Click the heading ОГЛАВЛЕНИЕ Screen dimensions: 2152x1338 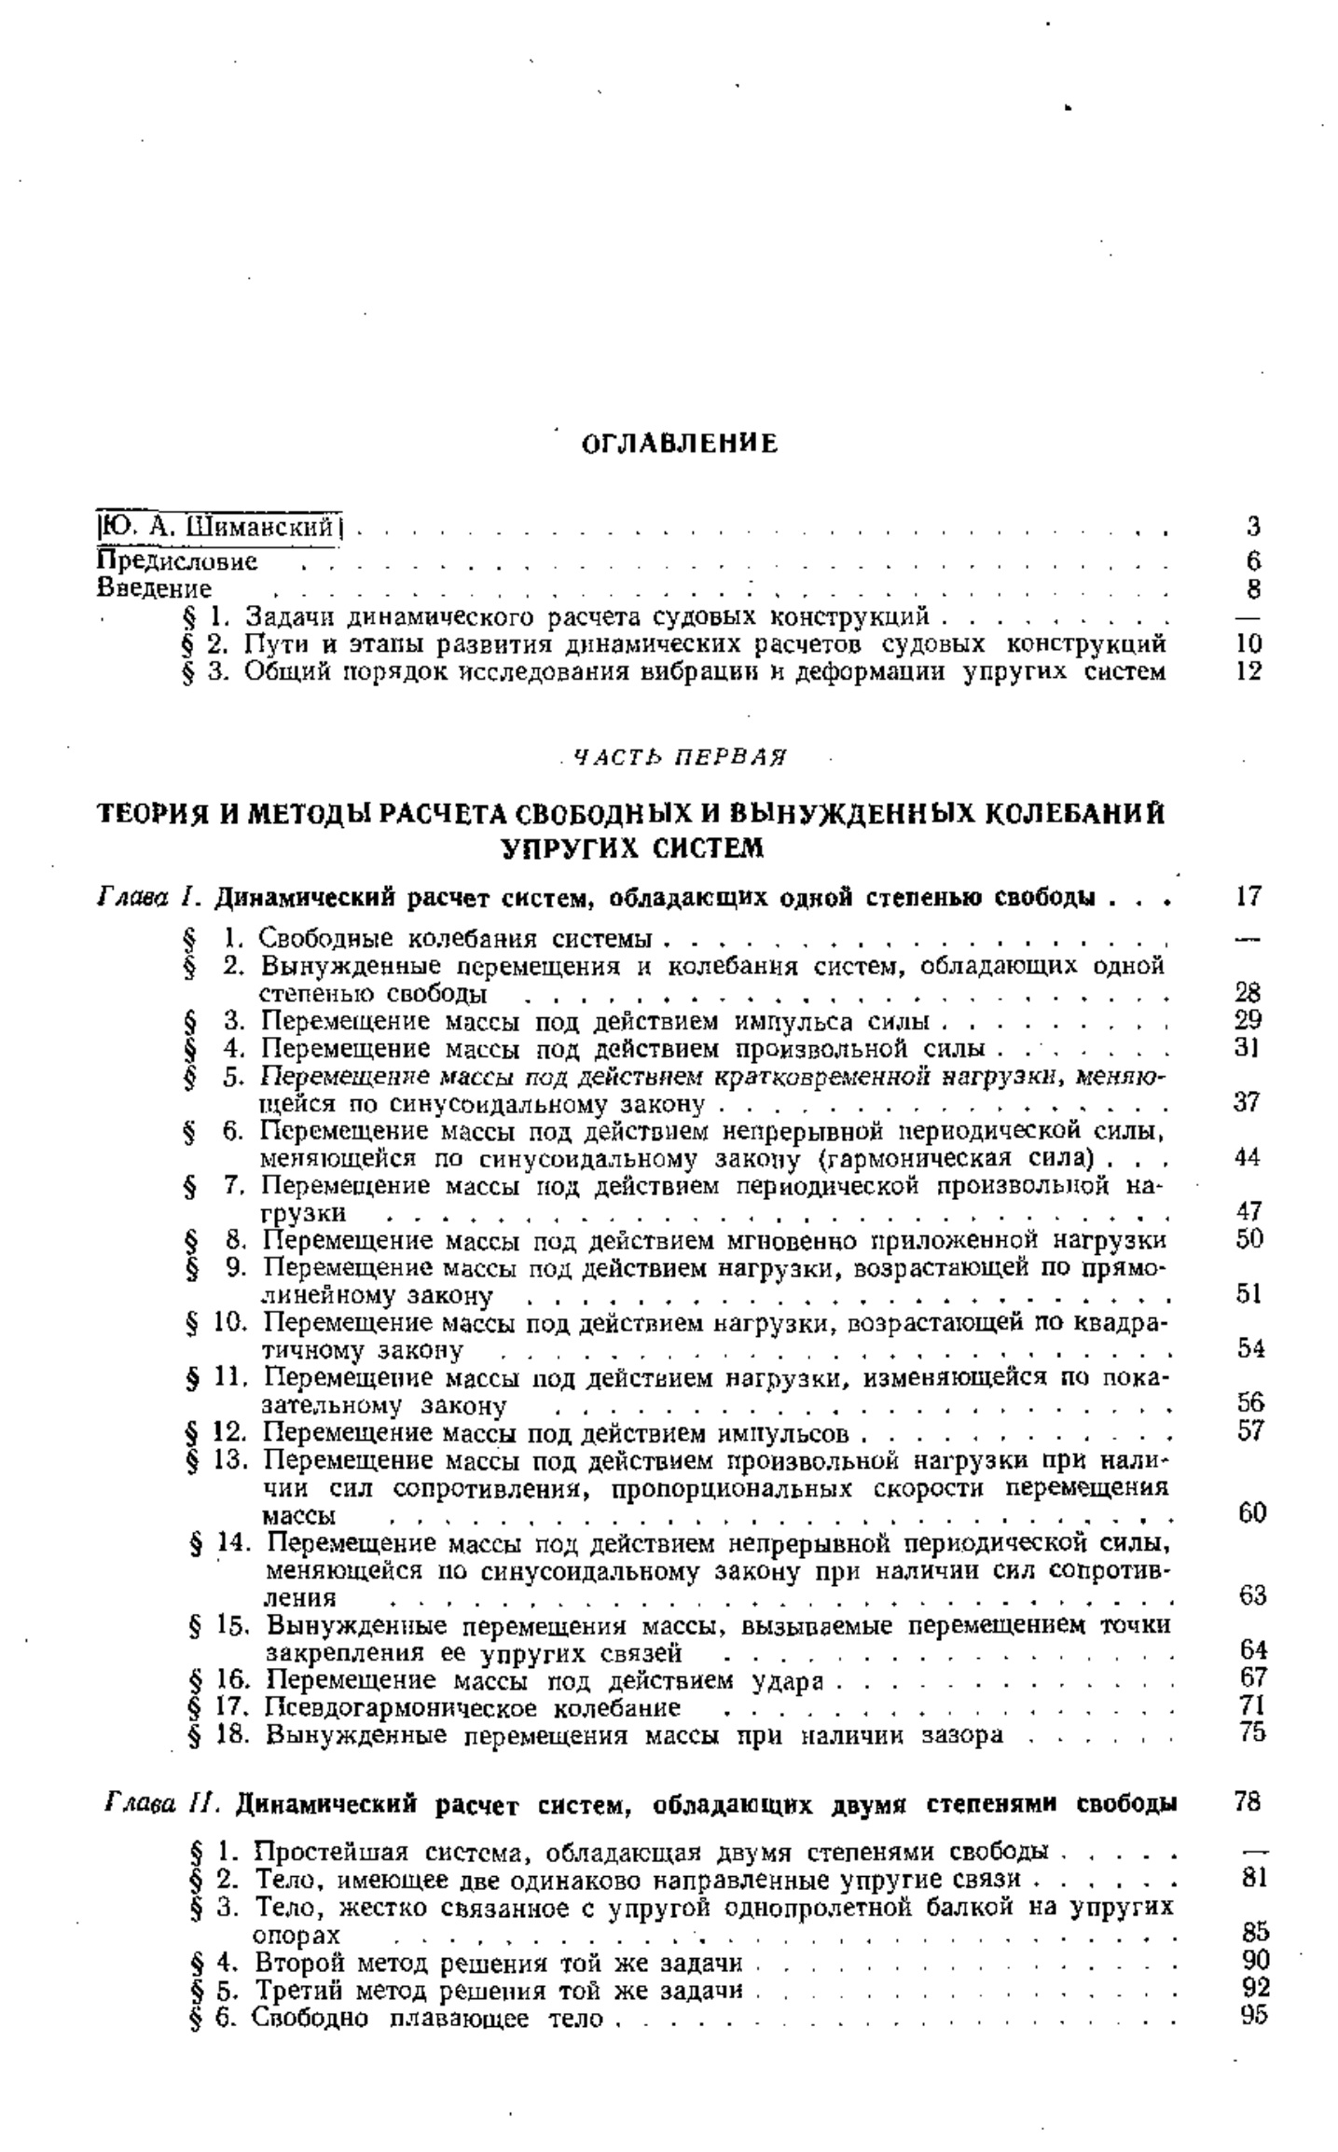pyautogui.click(x=680, y=444)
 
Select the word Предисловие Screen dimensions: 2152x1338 pyautogui.click(x=177, y=562)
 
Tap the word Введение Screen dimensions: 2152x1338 pyautogui.click(x=155, y=589)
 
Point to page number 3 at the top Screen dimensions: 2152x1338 pyautogui.click(x=1253, y=527)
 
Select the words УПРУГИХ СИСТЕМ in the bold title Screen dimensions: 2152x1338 pyautogui.click(x=633, y=848)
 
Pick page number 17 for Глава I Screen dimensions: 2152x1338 pyautogui.click(x=1248, y=897)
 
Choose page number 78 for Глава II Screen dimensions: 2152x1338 pyautogui.click(x=1248, y=1802)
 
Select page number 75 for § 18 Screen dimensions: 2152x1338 pyautogui.click(x=1252, y=1734)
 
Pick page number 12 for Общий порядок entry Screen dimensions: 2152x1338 pyautogui.click(x=1248, y=670)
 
